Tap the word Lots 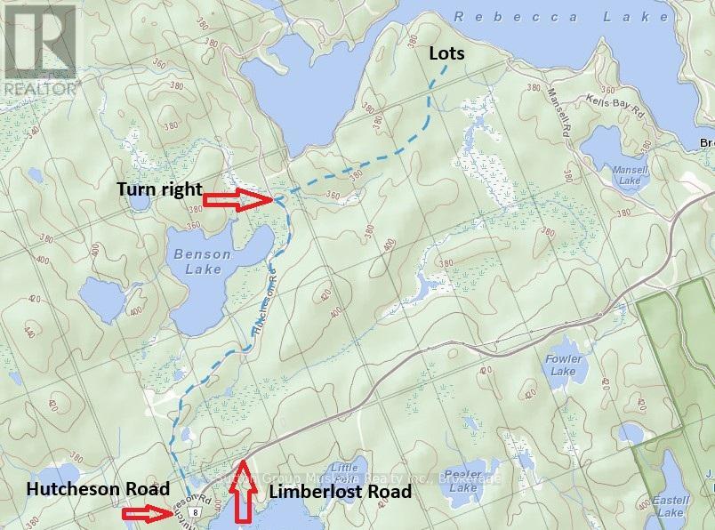447,53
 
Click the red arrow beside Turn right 237,201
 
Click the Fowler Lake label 562,365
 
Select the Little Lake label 342,473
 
